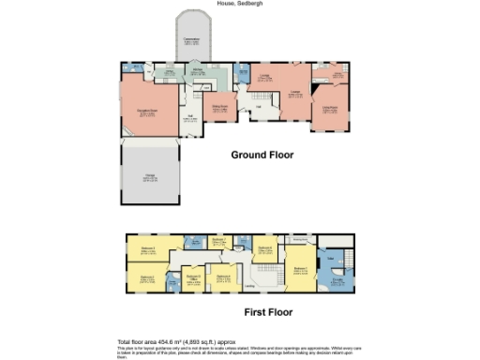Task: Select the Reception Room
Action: click(x=147, y=112)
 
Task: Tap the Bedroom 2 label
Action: click(x=148, y=277)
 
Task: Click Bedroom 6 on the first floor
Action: click(x=265, y=249)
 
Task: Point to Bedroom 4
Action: click(x=224, y=277)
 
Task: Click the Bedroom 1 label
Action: click(x=299, y=270)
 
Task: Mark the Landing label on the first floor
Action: click(x=250, y=286)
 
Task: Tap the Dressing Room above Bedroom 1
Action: click(x=300, y=239)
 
